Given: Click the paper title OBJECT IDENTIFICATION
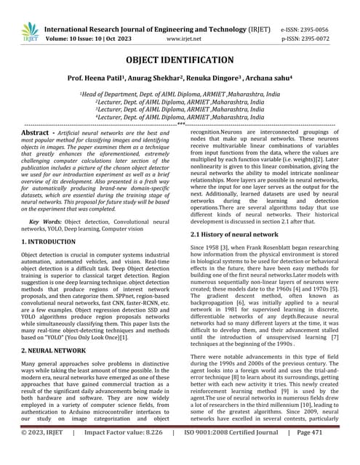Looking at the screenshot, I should pos(180,59).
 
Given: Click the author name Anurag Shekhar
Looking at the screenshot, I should pos(166,79).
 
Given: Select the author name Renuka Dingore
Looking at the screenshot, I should pos(220,79).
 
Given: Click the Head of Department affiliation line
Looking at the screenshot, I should pos(180,95).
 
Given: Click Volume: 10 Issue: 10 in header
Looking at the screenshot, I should pos(91,34).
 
